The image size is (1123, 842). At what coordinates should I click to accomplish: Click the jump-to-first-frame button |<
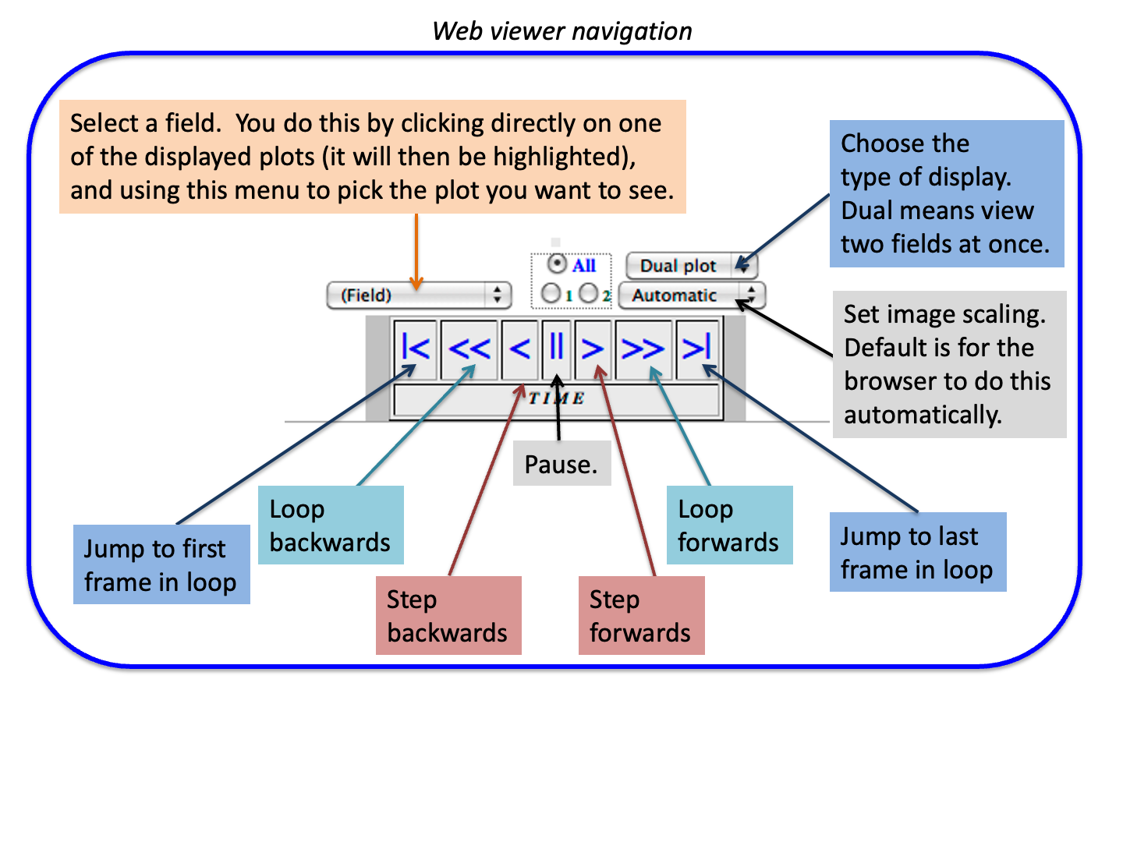(x=415, y=348)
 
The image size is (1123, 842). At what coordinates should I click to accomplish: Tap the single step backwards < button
(x=519, y=348)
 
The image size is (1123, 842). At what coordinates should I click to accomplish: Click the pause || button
(x=557, y=348)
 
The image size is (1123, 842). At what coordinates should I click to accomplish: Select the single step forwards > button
(x=593, y=348)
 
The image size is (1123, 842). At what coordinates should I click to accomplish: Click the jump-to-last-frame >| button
(x=696, y=348)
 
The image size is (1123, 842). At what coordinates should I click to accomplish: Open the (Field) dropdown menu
(x=419, y=295)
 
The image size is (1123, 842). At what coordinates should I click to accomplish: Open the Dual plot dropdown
(x=691, y=266)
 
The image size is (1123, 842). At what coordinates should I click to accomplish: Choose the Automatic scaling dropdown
(x=692, y=295)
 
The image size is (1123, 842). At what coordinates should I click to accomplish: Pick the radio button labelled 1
(x=551, y=293)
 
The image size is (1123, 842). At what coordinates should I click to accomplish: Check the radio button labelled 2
(x=589, y=293)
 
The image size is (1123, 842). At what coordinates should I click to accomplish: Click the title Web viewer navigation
(x=561, y=31)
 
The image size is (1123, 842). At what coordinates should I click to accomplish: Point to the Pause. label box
(x=561, y=465)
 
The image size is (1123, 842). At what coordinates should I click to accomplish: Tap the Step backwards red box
(x=448, y=615)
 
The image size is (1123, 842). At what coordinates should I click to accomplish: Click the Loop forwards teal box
(x=729, y=525)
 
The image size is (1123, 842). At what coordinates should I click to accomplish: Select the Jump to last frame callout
(x=917, y=552)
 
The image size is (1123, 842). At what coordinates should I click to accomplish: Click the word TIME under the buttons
(x=557, y=398)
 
